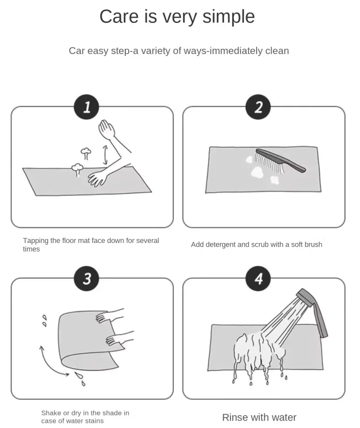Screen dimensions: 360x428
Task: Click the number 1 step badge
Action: click(86, 107)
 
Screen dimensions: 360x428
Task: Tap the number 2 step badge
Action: click(258, 107)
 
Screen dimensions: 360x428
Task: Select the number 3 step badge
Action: click(86, 278)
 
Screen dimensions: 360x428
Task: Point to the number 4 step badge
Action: click(258, 278)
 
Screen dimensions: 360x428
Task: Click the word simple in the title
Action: click(229, 17)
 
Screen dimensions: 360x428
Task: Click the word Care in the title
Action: click(119, 17)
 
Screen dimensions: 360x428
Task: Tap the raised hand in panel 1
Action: click(106, 129)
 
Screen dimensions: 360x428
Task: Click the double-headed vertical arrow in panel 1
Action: click(105, 155)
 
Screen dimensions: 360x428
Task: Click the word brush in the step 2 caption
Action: click(314, 244)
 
